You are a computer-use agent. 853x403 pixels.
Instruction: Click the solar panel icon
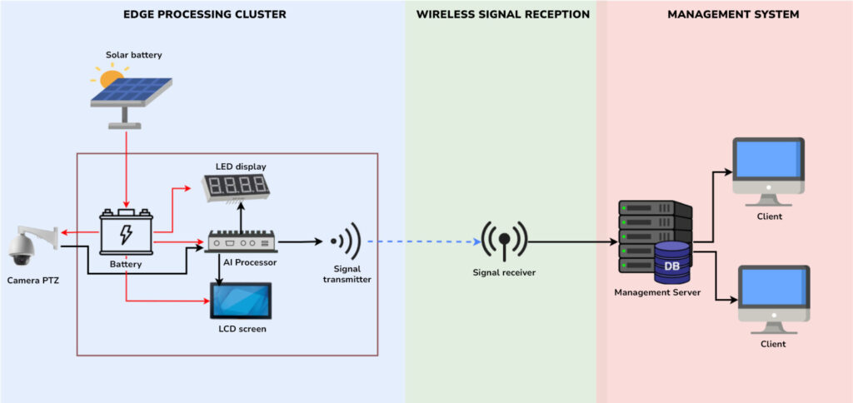132,94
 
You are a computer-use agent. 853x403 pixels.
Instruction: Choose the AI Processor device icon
242,241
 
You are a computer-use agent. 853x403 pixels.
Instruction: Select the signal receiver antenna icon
504,242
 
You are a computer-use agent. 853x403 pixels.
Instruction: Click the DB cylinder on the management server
671,262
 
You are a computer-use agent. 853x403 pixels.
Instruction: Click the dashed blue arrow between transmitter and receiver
423,242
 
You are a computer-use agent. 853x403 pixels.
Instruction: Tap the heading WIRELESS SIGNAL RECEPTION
502,15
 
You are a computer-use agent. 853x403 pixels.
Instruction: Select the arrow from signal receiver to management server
575,242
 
